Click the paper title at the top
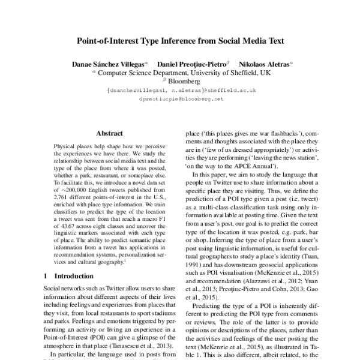click(x=180, y=42)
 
